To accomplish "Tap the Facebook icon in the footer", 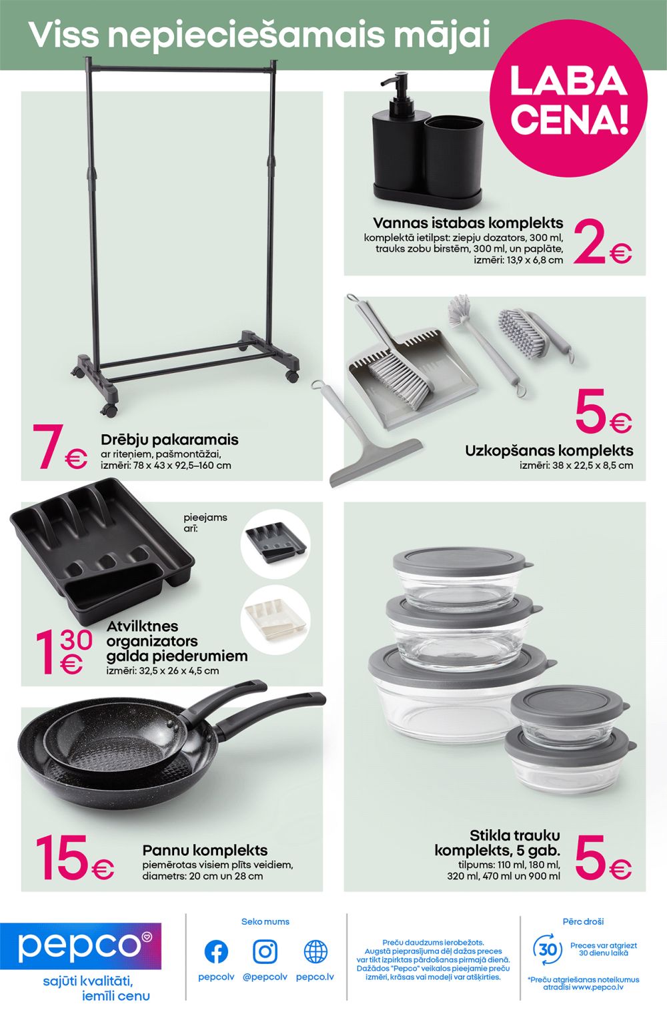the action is click(216, 951).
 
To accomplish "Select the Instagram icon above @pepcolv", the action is click(265, 951).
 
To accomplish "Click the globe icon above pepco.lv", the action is click(315, 951).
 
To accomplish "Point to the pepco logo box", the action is click(81, 946).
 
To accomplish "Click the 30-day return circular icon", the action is click(548, 949).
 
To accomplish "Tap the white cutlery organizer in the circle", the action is click(275, 620).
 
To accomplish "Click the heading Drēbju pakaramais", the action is click(169, 440).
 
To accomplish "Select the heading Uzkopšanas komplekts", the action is click(549, 451).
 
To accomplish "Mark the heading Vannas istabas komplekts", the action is click(468, 223).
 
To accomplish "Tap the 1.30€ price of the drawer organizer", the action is click(64, 651).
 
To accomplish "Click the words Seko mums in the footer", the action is click(265, 922).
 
